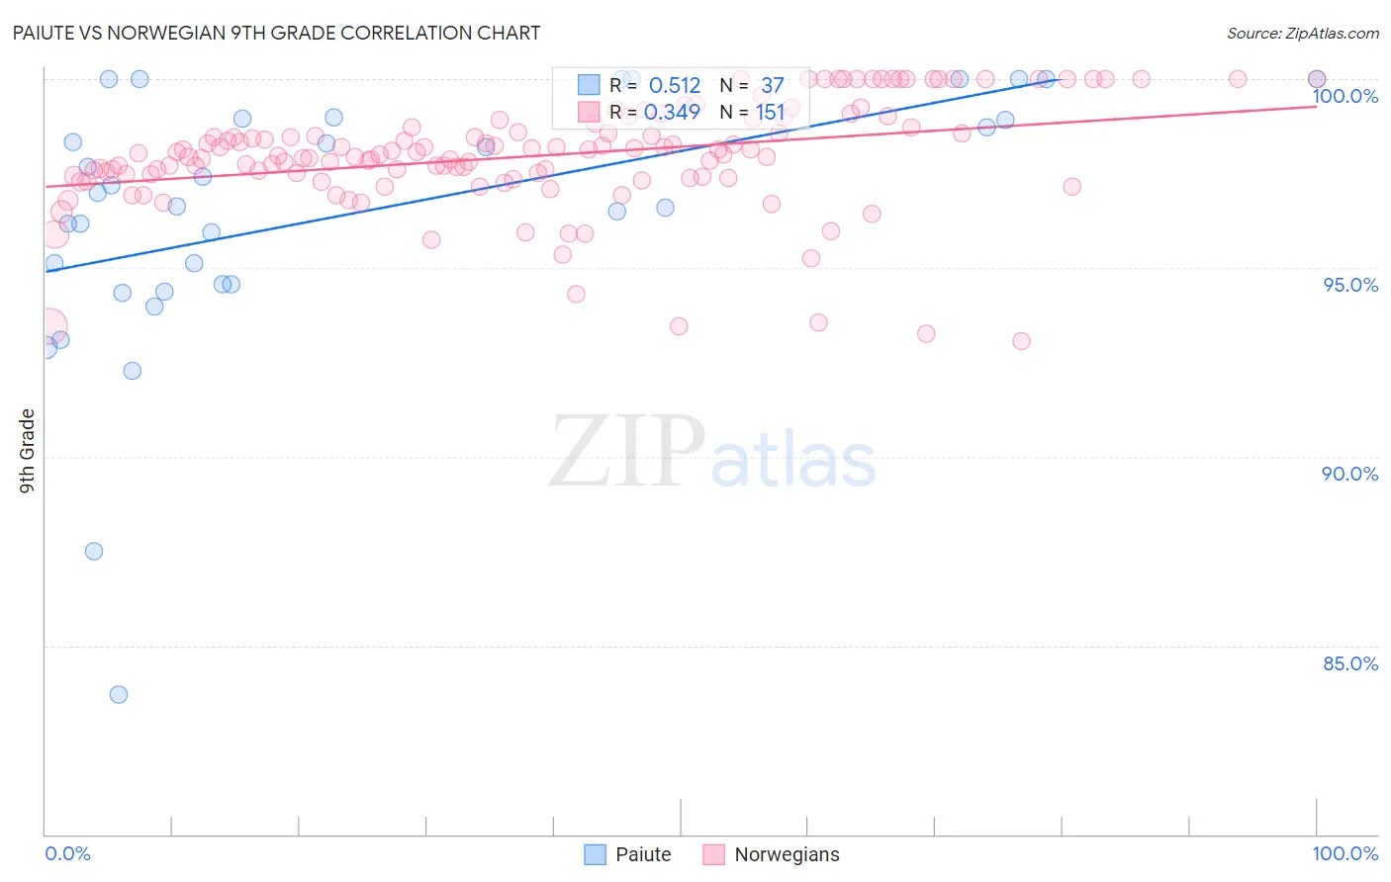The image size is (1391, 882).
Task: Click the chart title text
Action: (x=277, y=33)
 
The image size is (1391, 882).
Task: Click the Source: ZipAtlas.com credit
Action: (x=1302, y=34)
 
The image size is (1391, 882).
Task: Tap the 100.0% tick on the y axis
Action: (x=1345, y=96)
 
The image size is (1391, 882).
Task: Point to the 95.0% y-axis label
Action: (x=1349, y=285)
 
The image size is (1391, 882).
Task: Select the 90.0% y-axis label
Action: (x=1349, y=474)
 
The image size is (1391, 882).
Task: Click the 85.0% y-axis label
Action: (x=1349, y=663)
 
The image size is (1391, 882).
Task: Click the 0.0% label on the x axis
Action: (x=68, y=853)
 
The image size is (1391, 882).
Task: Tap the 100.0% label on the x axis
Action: (x=1345, y=853)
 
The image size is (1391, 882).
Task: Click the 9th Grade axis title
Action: (x=27, y=451)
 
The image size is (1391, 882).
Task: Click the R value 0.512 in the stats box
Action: (x=674, y=86)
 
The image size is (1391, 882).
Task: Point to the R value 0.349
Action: (x=672, y=113)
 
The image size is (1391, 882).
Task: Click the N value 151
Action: (x=770, y=113)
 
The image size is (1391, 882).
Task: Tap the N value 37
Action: (x=772, y=86)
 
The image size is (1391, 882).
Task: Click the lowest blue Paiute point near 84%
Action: (x=119, y=694)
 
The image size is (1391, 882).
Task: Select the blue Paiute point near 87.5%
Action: (x=94, y=551)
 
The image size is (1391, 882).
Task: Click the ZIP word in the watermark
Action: (x=627, y=453)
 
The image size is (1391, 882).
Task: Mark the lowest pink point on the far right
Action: (x=1021, y=341)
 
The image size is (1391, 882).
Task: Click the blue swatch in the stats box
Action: (x=590, y=85)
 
